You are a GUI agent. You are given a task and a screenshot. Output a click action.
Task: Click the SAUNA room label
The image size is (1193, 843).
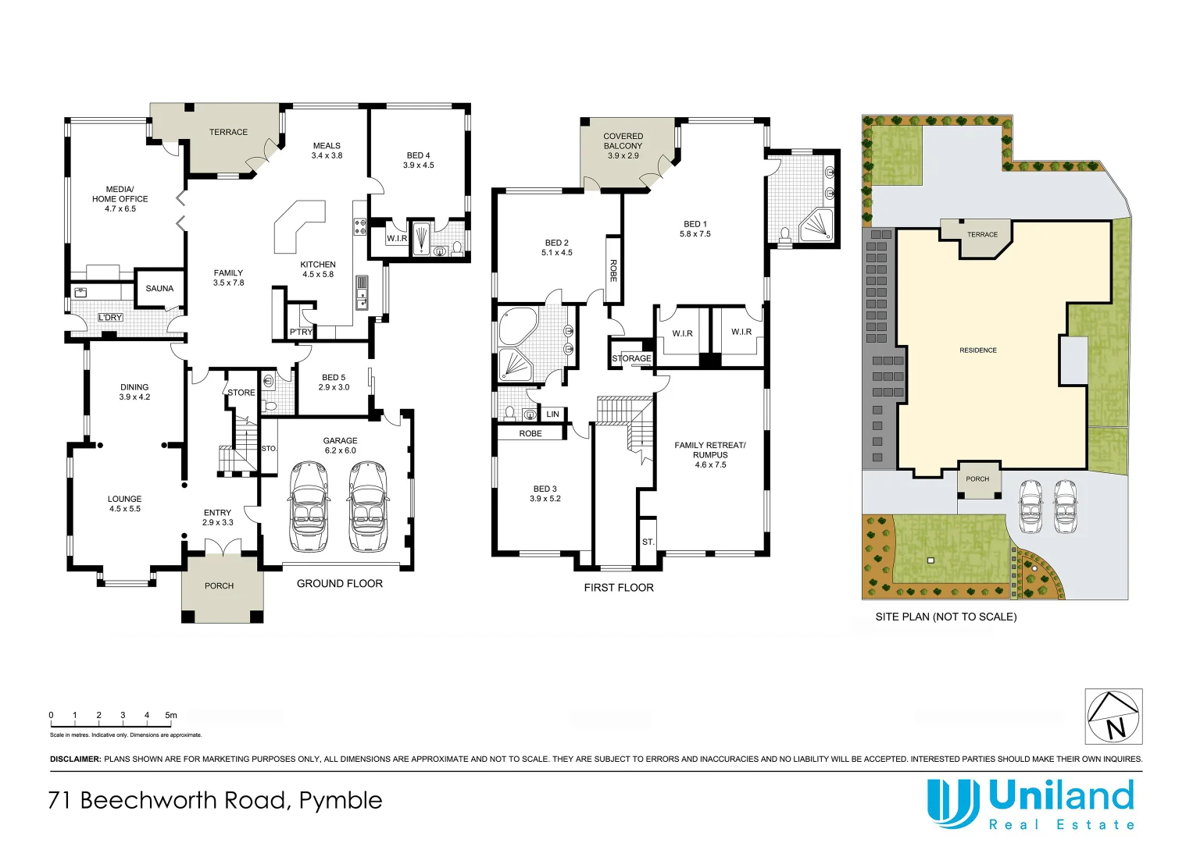(x=159, y=288)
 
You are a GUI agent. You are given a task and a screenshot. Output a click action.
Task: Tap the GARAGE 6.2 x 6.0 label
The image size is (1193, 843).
(x=340, y=445)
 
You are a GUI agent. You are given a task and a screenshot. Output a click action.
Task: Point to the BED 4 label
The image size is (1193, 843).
(x=418, y=160)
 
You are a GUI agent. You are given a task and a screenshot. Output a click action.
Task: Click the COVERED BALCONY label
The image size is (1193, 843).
(x=623, y=145)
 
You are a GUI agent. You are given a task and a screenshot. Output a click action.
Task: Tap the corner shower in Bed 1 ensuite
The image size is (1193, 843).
(x=816, y=226)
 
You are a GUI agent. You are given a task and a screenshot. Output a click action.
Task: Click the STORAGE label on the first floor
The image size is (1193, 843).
(x=631, y=358)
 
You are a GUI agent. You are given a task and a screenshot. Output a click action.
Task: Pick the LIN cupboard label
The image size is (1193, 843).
(x=552, y=414)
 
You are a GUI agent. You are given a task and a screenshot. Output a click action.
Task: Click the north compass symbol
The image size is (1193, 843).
(x=1113, y=717)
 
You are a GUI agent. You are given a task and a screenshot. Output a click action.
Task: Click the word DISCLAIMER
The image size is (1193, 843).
(x=75, y=759)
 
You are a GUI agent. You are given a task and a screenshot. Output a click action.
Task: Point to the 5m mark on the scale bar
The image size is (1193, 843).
(x=171, y=715)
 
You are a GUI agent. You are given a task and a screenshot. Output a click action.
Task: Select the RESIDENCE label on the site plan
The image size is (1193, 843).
(x=977, y=350)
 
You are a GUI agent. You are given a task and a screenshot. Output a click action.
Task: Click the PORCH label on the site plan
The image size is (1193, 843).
(x=977, y=479)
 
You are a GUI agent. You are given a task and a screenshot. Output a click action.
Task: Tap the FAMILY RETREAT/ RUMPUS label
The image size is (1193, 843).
(x=710, y=454)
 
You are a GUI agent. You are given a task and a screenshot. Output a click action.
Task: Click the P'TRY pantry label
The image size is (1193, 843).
(x=301, y=332)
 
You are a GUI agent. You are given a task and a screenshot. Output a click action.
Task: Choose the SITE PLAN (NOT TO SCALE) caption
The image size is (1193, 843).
(x=945, y=617)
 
